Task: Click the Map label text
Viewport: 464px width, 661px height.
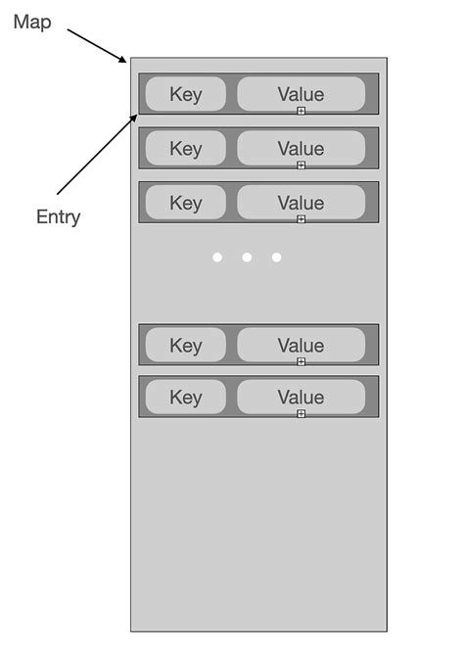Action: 32,23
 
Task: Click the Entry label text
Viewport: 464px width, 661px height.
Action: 58,217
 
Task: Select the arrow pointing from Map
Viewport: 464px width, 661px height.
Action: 97,46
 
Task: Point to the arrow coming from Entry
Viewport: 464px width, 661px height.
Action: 97,154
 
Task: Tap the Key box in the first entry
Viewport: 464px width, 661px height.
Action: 185,94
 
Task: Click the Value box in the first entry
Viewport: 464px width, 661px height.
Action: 301,94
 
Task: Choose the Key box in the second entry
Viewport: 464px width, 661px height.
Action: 185,148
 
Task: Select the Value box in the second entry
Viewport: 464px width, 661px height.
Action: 301,148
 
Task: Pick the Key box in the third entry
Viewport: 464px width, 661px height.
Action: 185,203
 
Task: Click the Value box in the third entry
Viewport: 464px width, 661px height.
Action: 301,203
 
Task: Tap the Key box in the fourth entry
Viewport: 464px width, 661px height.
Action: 185,345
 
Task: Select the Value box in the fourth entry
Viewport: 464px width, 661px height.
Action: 301,345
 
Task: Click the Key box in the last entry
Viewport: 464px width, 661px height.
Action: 185,397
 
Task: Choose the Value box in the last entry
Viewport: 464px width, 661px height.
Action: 301,397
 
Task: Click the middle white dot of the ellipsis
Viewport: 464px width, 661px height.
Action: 247,258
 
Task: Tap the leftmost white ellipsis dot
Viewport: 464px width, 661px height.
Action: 217,258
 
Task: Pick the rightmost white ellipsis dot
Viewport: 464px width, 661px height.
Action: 276,258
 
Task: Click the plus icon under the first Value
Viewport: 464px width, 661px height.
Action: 301,111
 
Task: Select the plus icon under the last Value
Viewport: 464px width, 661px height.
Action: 301,413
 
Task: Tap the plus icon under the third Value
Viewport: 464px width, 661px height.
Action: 301,219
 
